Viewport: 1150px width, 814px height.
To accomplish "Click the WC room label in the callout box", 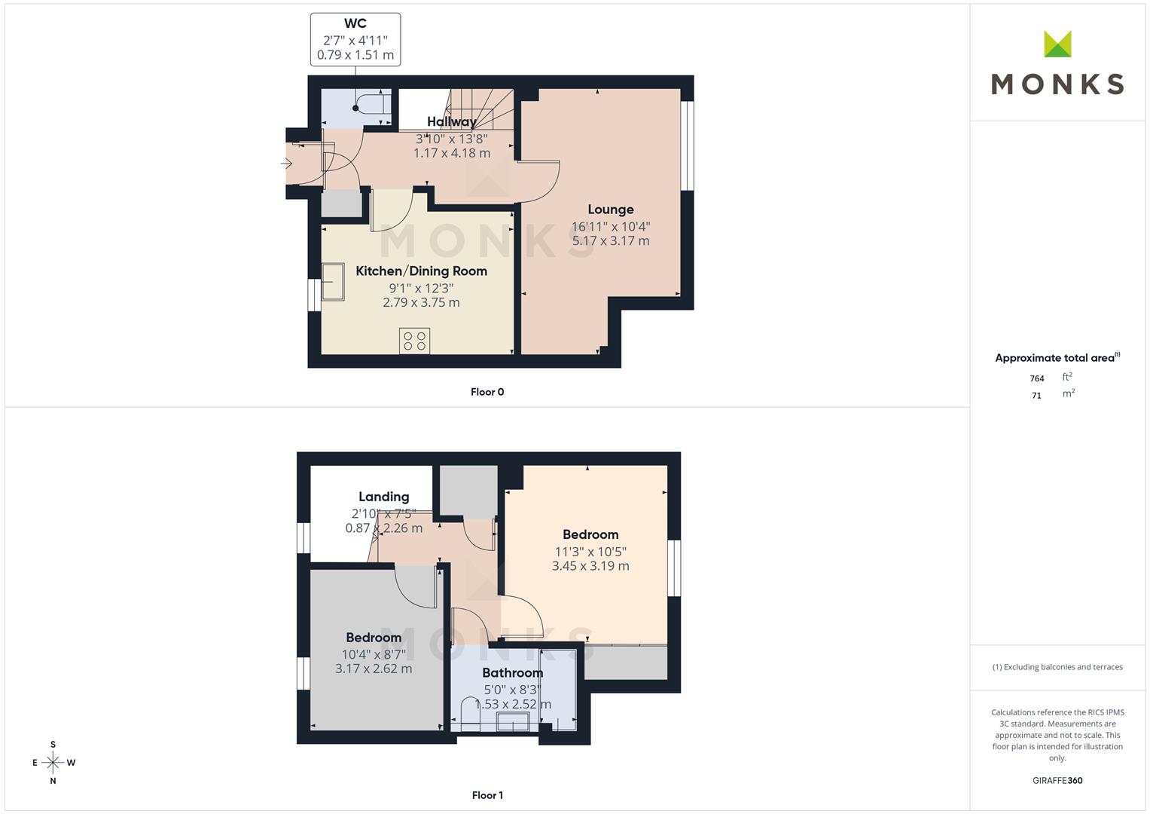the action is click(x=355, y=23).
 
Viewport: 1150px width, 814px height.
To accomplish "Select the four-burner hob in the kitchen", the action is click(x=414, y=341).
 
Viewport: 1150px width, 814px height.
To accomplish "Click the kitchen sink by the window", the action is click(x=333, y=282).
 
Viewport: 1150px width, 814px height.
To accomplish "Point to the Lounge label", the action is click(x=611, y=210).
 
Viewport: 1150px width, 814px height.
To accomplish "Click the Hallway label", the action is click(x=452, y=122).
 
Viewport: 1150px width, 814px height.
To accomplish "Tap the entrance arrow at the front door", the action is click(x=286, y=164).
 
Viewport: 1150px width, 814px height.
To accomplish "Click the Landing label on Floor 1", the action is click(x=383, y=497).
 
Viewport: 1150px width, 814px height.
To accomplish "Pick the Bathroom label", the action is click(x=512, y=673).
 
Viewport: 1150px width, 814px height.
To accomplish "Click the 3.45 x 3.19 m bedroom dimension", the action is click(x=590, y=566).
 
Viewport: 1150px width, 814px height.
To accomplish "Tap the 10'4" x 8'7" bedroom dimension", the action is click(x=374, y=654).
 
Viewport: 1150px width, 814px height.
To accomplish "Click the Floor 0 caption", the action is click(x=487, y=392).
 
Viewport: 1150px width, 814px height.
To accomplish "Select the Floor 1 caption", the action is click(x=487, y=795).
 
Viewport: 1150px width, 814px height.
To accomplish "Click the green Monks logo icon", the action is click(x=1057, y=44).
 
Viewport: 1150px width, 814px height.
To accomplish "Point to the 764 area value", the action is click(x=1036, y=378).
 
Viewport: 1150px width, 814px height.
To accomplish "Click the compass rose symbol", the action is click(x=53, y=763).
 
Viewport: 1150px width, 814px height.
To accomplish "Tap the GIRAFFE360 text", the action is click(x=1057, y=781).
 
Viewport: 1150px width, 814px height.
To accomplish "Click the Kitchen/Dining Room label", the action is click(x=422, y=271).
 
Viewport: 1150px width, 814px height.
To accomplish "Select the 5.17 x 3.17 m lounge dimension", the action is click(x=611, y=241).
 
